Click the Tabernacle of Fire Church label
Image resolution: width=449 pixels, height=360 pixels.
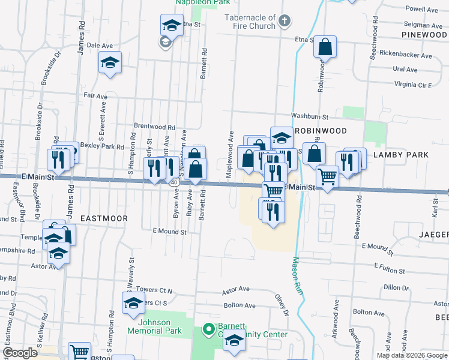click(x=250, y=22)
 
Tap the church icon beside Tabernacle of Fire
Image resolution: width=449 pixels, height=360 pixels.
click(x=285, y=22)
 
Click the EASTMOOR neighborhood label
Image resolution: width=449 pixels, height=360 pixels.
click(x=104, y=218)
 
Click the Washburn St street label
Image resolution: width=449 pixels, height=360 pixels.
click(x=310, y=116)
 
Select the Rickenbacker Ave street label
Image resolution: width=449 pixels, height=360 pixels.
click(x=405, y=56)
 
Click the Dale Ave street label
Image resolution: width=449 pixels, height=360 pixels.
click(x=100, y=45)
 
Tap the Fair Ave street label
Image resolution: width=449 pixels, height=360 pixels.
click(x=95, y=95)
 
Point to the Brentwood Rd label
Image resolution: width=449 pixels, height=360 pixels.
click(x=154, y=128)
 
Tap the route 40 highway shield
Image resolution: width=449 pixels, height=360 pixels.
click(x=173, y=181)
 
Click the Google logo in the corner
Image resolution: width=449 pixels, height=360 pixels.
click(x=20, y=353)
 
